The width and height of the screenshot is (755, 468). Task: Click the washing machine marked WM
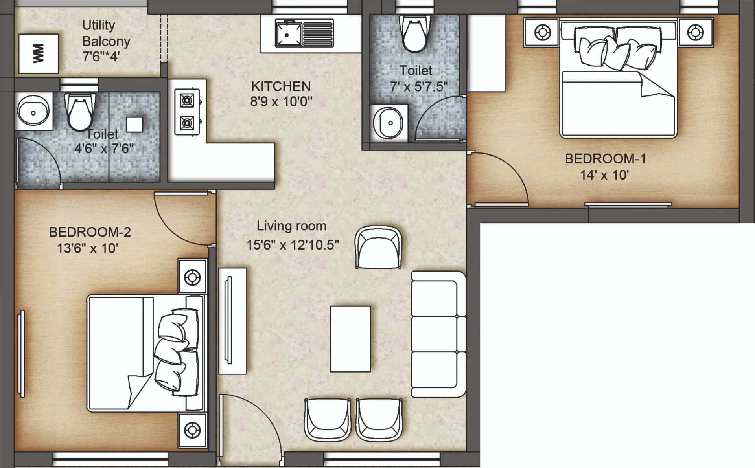(x=39, y=53)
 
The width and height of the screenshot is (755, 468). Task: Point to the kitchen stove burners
(x=187, y=112)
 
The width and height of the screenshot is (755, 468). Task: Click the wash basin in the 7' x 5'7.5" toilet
(x=388, y=122)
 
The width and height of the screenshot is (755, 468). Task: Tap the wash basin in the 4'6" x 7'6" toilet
(x=33, y=111)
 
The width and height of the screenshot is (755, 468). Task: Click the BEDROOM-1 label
(x=606, y=159)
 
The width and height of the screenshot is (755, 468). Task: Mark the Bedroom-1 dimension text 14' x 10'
(x=605, y=175)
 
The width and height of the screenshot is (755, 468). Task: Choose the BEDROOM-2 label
(x=90, y=232)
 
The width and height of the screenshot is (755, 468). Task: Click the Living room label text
(x=291, y=226)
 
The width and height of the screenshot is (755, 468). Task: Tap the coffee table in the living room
(x=350, y=339)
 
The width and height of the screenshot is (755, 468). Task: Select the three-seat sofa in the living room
(x=438, y=334)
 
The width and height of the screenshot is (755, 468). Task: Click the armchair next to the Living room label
(x=378, y=248)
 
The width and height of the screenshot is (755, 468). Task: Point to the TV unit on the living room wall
(x=232, y=321)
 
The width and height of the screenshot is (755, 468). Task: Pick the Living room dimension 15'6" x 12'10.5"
(x=293, y=245)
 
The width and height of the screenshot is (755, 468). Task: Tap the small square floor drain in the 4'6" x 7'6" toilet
(x=134, y=125)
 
